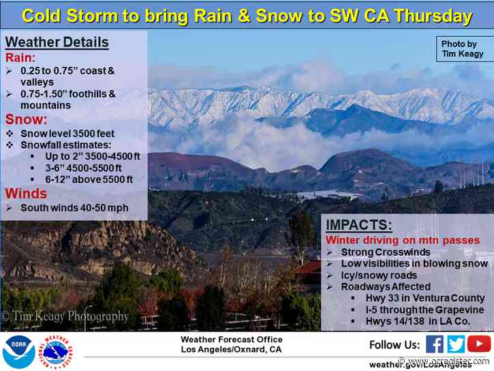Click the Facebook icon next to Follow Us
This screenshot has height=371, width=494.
[x=435, y=344]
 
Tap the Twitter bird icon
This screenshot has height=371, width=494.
[x=457, y=344]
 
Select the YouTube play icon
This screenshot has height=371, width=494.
[x=479, y=344]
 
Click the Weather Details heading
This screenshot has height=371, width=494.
[x=57, y=43]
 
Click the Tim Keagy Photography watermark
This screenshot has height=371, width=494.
[x=65, y=316]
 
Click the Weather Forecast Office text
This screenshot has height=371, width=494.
[x=232, y=340]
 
